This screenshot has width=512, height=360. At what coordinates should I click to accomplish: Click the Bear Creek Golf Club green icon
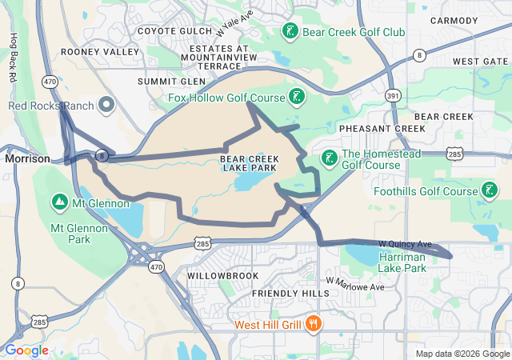[290, 32]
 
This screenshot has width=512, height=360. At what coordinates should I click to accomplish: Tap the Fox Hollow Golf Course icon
[296, 98]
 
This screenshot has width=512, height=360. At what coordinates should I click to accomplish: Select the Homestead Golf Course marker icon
[329, 157]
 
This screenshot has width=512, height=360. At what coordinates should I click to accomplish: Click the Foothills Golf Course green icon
[488, 190]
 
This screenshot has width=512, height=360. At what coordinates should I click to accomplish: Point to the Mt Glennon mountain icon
[59, 201]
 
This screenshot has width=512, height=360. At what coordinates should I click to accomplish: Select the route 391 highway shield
[392, 95]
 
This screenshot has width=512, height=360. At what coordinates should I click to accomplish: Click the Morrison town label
[27, 158]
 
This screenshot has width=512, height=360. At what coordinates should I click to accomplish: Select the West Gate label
[479, 62]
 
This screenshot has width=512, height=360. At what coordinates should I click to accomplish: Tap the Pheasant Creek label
[382, 128]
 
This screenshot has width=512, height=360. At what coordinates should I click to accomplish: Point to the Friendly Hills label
[290, 294]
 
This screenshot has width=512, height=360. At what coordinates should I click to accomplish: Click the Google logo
[26, 350]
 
